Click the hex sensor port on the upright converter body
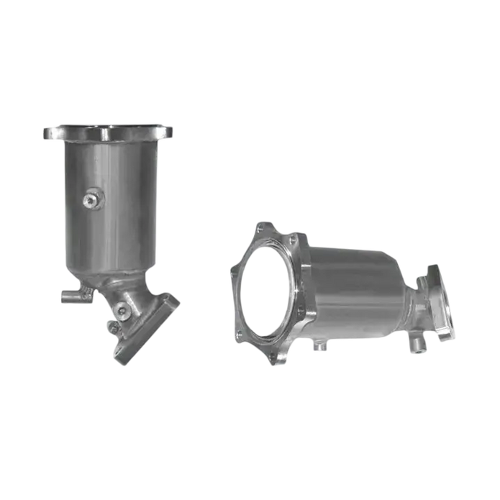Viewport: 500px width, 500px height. tap(90, 201)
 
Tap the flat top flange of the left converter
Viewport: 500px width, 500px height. tap(108, 132)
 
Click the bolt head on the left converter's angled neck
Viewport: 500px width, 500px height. tap(122, 311)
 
